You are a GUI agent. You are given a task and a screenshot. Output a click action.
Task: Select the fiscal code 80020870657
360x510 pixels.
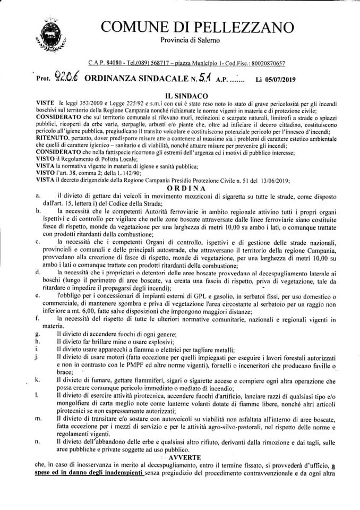[x=263, y=63]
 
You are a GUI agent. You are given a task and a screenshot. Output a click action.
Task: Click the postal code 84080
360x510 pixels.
[x=112, y=63]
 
